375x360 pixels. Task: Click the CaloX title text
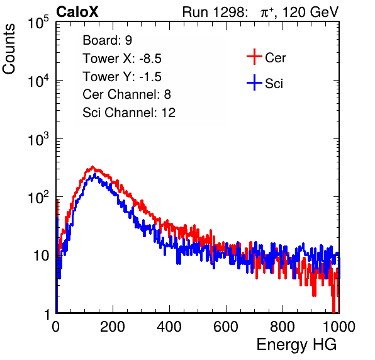pyautogui.click(x=77, y=12)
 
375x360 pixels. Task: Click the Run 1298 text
pyautogui.click(x=215, y=12)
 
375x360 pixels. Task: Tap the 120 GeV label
pyautogui.click(x=310, y=12)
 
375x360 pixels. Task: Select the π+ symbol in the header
pyautogui.click(x=267, y=12)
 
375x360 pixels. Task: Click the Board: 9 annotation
pyautogui.click(x=107, y=40)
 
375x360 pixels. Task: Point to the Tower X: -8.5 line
pyautogui.click(x=122, y=59)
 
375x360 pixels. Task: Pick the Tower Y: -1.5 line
pyautogui.click(x=122, y=77)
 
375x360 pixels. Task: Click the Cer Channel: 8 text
pyautogui.click(x=126, y=94)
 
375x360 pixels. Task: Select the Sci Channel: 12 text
pyautogui.click(x=129, y=113)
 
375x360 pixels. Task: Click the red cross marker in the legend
pyautogui.click(x=254, y=57)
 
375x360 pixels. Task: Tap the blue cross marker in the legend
pyautogui.click(x=254, y=82)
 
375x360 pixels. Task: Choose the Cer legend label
pyautogui.click(x=275, y=58)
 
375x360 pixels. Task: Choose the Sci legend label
pyautogui.click(x=274, y=84)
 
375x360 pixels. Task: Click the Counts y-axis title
pyautogui.click(x=9, y=48)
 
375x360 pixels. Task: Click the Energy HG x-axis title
pyautogui.click(x=296, y=345)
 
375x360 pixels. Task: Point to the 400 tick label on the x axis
pyautogui.click(x=169, y=327)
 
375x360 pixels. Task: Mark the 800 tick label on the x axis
pyautogui.click(x=283, y=327)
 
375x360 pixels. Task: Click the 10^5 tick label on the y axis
pyautogui.click(x=38, y=23)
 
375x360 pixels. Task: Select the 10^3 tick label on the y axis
pyautogui.click(x=38, y=139)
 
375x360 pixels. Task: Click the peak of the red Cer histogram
pyautogui.click(x=92, y=167)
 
